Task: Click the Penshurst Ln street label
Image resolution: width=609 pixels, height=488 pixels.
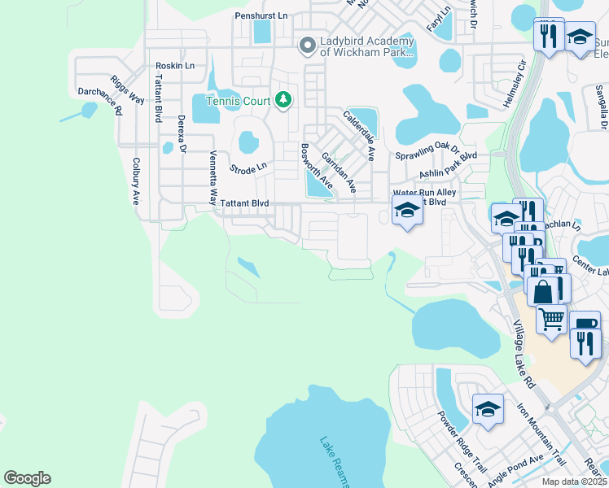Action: tap(261, 15)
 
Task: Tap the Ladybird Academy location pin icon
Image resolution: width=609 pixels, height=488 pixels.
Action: tap(307, 45)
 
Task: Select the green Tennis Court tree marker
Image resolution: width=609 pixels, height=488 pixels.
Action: tap(283, 100)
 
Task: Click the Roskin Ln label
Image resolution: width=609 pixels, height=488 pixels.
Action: tap(175, 66)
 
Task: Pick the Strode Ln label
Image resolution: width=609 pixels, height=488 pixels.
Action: tap(248, 168)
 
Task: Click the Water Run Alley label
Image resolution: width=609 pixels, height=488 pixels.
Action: tap(424, 192)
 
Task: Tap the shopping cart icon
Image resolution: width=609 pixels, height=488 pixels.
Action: tap(551, 318)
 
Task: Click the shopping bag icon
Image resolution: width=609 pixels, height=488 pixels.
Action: tap(541, 290)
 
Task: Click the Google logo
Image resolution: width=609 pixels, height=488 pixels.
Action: tap(27, 478)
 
